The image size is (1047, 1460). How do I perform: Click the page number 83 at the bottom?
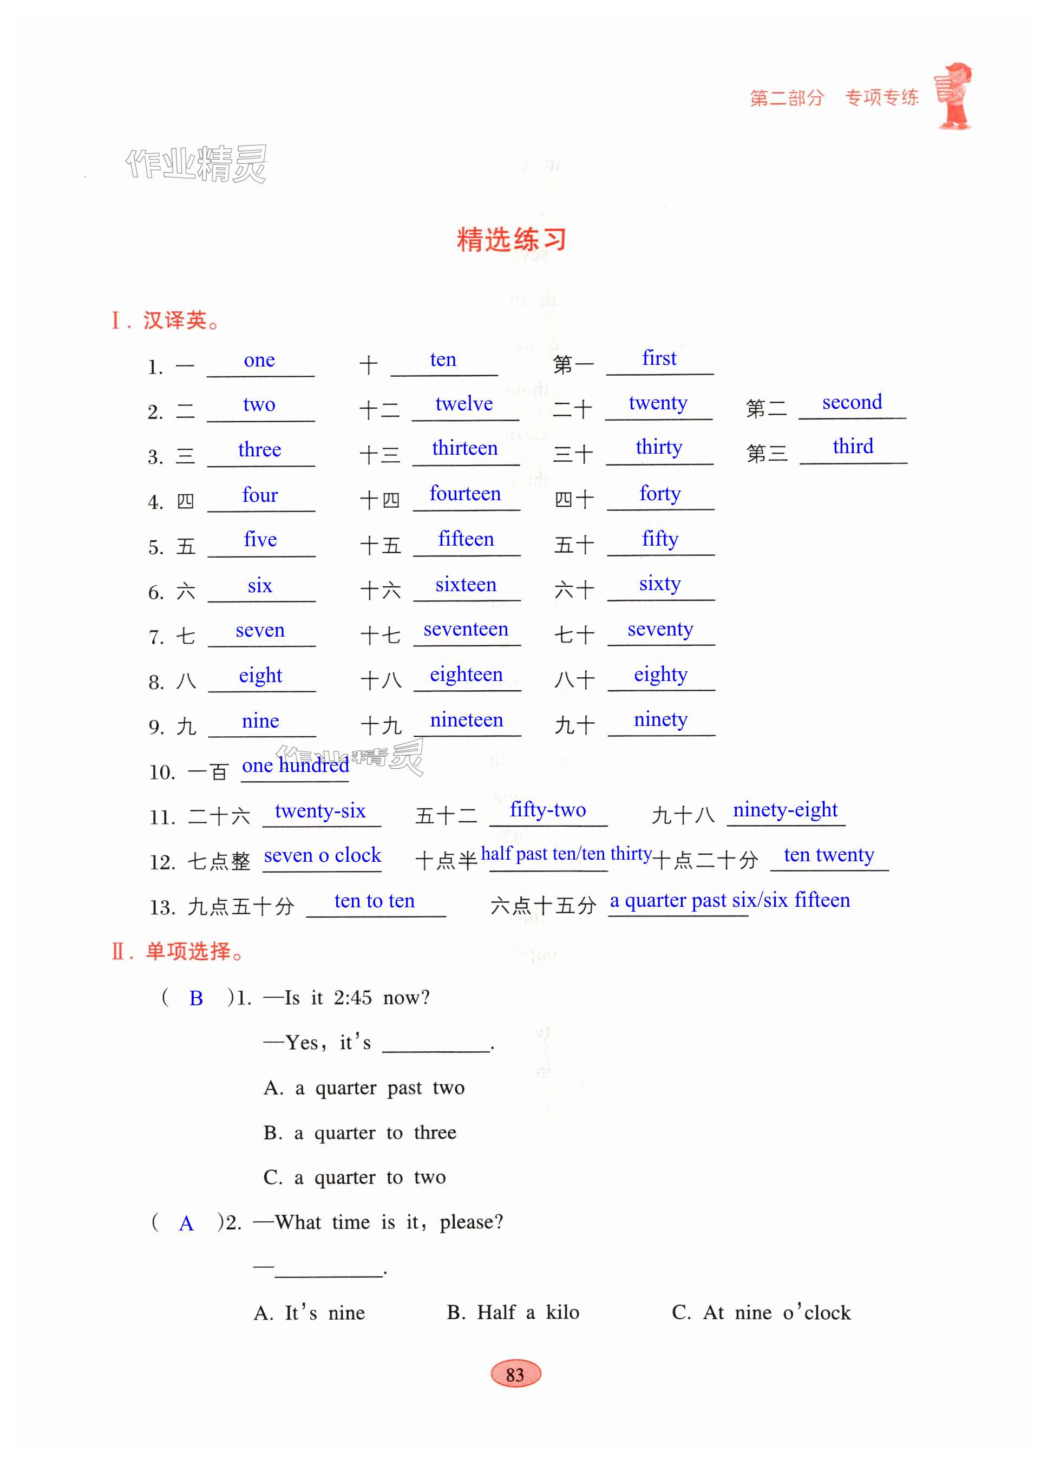click(x=515, y=1374)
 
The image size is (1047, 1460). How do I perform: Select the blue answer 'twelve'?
click(x=463, y=404)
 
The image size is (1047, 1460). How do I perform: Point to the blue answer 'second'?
click(x=852, y=402)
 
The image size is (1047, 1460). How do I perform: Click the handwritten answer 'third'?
click(x=853, y=446)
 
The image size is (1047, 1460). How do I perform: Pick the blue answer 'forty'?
click(x=660, y=494)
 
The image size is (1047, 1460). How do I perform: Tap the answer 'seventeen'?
click(x=466, y=629)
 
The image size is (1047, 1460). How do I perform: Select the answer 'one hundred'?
click(x=296, y=765)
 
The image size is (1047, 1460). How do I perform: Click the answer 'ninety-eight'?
click(x=785, y=810)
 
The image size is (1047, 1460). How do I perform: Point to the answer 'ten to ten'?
click(x=374, y=901)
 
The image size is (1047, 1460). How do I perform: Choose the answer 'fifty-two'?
click(x=548, y=810)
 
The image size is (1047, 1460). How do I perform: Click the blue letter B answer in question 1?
click(x=197, y=998)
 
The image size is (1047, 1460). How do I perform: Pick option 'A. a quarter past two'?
click(x=364, y=1088)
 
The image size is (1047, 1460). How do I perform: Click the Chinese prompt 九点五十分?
click(x=241, y=907)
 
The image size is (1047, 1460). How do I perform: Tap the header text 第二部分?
click(x=787, y=98)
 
